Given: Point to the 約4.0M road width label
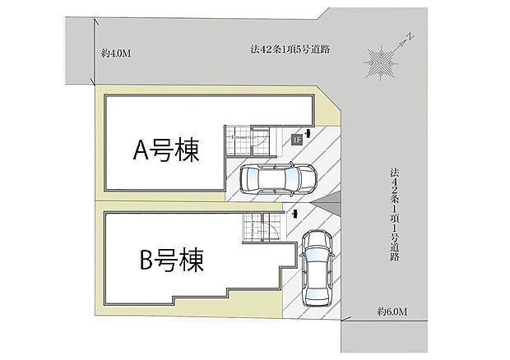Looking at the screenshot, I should pyautogui.click(x=116, y=53).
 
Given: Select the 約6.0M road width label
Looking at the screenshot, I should pyautogui.click(x=393, y=311).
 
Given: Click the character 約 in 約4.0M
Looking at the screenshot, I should pyautogui.click(x=106, y=53).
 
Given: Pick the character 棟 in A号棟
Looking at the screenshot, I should pyautogui.click(x=187, y=150).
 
